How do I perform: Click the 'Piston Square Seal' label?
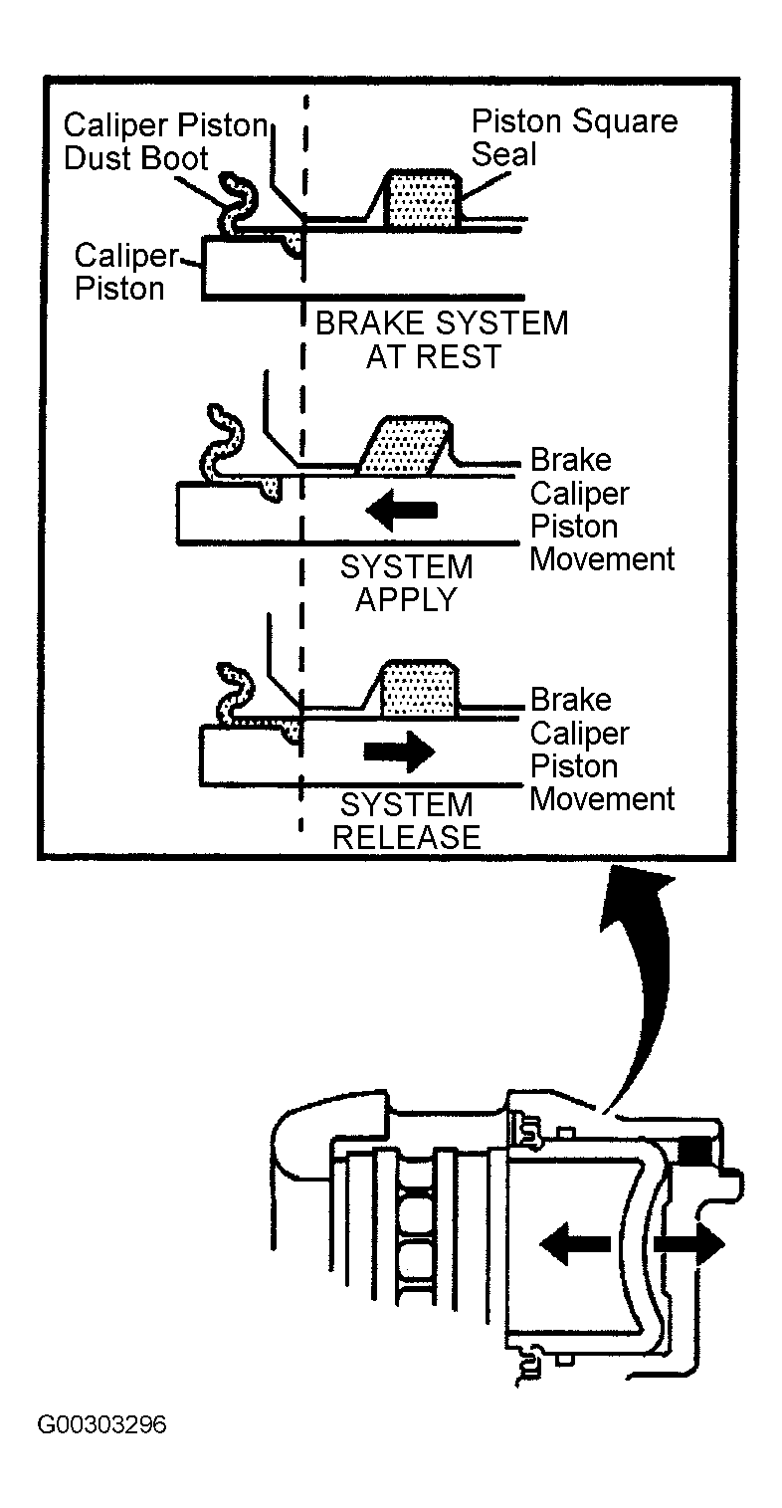click(x=574, y=137)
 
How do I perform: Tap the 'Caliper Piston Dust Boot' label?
click(x=165, y=141)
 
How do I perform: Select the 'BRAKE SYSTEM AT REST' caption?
click(x=442, y=339)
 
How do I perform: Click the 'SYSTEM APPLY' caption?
click(x=407, y=582)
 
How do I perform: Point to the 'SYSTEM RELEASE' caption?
click(x=407, y=820)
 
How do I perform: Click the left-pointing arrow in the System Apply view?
click(x=402, y=510)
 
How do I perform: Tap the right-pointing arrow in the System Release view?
click(x=400, y=751)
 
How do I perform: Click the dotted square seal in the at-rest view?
click(x=422, y=200)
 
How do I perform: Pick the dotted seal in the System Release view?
click(x=420, y=688)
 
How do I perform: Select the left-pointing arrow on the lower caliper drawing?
click(x=576, y=1244)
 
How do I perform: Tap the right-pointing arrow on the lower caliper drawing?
click(x=689, y=1243)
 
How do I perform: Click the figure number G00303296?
click(x=101, y=1424)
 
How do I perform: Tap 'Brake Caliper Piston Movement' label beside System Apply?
click(x=602, y=510)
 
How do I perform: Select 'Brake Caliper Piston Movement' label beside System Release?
click(x=602, y=750)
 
